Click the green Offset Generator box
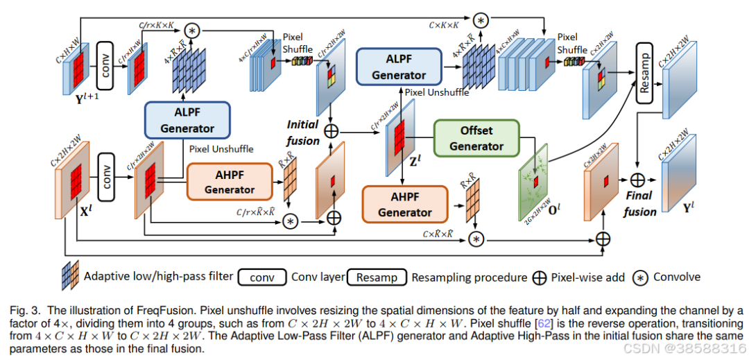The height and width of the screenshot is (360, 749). tap(476, 137)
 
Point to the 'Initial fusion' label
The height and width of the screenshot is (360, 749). tap(304, 132)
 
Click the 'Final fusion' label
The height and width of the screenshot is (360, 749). tap(639, 204)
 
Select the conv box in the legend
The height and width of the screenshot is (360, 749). tap(261, 277)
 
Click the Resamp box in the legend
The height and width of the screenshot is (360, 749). tap(377, 277)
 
